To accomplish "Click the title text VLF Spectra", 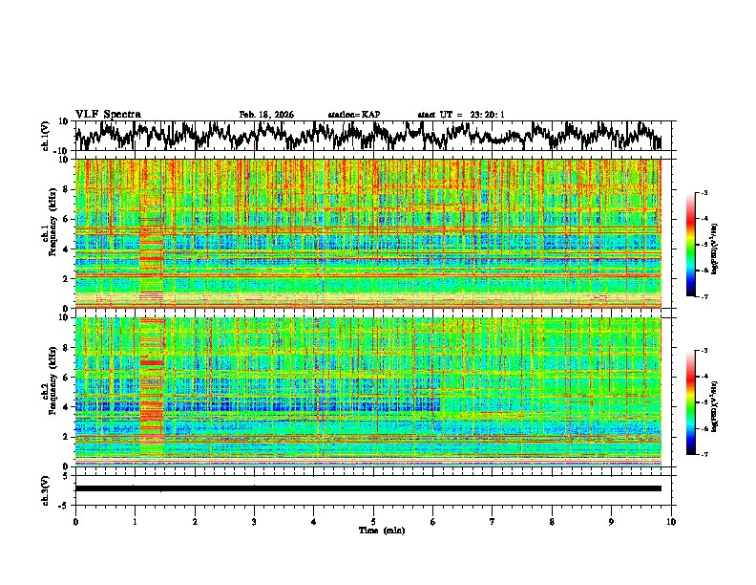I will point(108,114).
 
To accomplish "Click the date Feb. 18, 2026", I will point(266,115).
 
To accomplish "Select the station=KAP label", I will point(353,115).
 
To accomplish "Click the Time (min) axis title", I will point(373,530).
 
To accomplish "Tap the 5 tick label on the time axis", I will point(373,521).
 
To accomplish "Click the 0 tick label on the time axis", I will point(75,521).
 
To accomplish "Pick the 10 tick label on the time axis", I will point(671,521).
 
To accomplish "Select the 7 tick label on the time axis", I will point(493,521).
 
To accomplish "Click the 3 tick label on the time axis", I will point(254,521).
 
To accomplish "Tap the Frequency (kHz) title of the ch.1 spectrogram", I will point(52,231).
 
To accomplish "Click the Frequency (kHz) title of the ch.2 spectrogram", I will point(52,390).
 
